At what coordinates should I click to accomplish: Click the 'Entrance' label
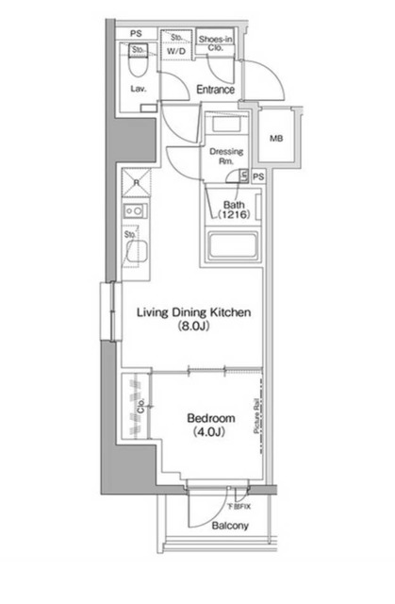point(215,90)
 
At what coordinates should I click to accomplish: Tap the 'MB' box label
point(275,140)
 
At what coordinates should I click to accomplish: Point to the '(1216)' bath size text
point(233,216)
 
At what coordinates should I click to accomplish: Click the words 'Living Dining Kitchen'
point(194,312)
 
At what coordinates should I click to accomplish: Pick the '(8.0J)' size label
point(194,328)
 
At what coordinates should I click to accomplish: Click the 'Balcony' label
point(230,525)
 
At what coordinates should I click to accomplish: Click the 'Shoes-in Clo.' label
point(216,43)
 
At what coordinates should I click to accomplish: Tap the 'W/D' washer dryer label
point(174,52)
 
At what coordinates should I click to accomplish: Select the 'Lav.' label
point(137,90)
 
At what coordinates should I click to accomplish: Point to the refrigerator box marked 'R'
point(136,182)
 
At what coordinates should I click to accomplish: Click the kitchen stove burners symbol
point(136,212)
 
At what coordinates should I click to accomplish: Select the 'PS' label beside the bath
point(258,176)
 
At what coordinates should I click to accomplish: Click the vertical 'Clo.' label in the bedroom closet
point(142,408)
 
